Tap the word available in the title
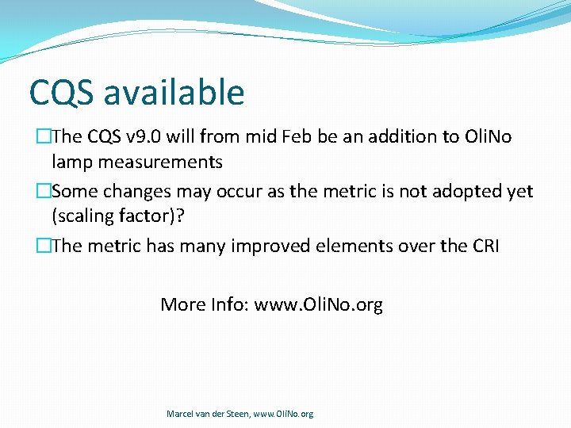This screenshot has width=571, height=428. click(x=174, y=93)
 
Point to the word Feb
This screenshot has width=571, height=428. click(x=297, y=137)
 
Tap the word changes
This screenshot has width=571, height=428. click(x=134, y=192)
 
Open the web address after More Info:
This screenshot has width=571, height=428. click(x=318, y=304)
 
